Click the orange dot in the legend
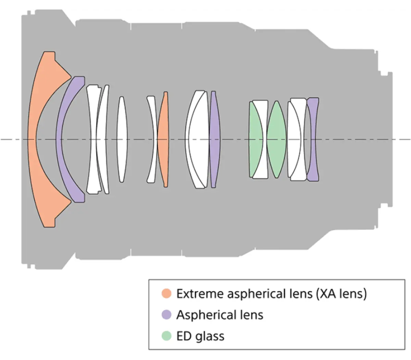tap(166, 293)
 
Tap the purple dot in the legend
tap(166, 315)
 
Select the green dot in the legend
tap(166, 336)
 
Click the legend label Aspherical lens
tap(220, 315)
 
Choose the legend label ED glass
tap(200, 336)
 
